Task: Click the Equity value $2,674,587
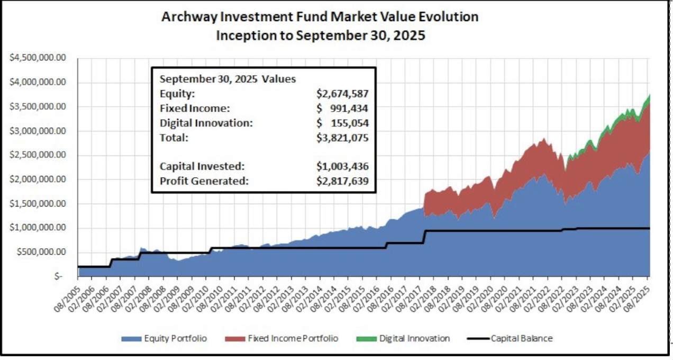click(x=342, y=94)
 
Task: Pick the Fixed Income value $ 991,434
click(x=342, y=109)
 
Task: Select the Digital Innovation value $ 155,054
click(x=342, y=123)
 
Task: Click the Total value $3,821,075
click(x=342, y=138)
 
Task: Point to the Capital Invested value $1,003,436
click(x=342, y=167)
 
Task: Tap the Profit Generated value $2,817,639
click(x=342, y=181)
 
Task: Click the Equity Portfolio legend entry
click(x=164, y=338)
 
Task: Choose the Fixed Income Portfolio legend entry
click(x=286, y=338)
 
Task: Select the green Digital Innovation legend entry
click(x=407, y=338)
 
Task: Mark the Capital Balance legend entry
click(x=513, y=338)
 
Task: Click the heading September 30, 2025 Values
click(x=228, y=79)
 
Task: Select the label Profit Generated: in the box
click(x=204, y=181)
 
